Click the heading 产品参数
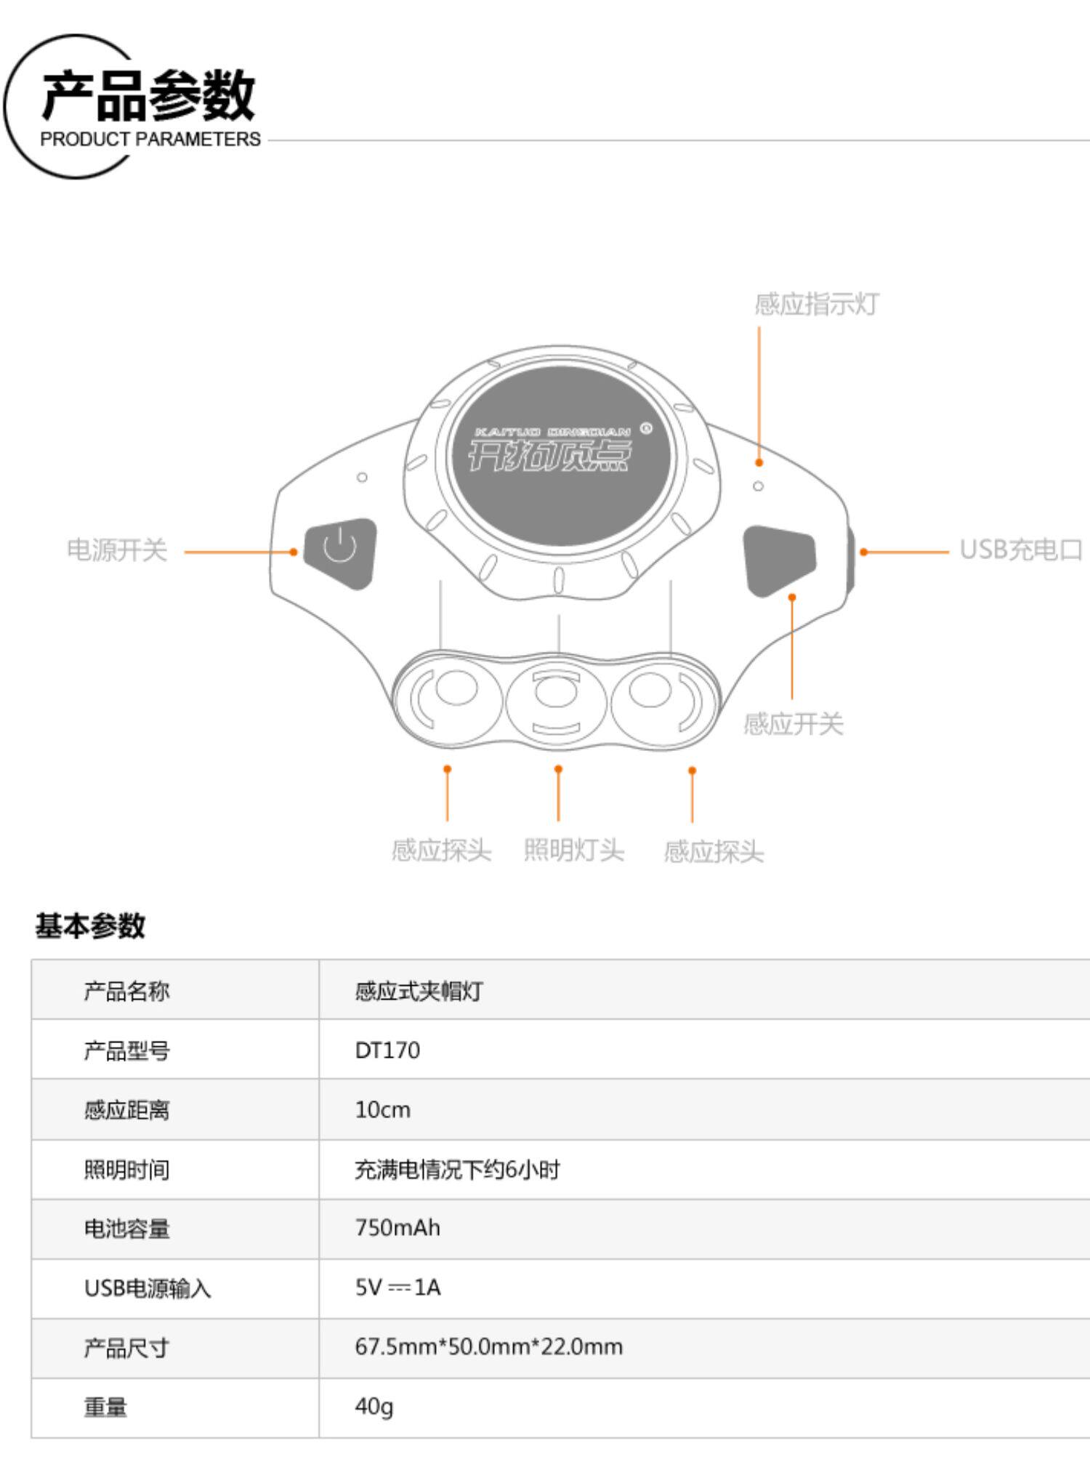pyautogui.click(x=148, y=95)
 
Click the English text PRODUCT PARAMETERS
pyautogui.click(x=150, y=139)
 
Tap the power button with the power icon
pyautogui.click(x=340, y=552)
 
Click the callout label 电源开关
pyautogui.click(x=117, y=550)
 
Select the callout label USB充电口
pyautogui.click(x=1021, y=550)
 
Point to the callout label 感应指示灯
pyautogui.click(x=816, y=304)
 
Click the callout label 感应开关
pyautogui.click(x=793, y=724)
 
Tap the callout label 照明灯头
pyautogui.click(x=573, y=849)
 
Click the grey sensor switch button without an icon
pyautogui.click(x=778, y=560)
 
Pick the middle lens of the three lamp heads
pyautogui.click(x=557, y=695)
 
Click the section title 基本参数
pyautogui.click(x=90, y=925)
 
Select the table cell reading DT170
pyautogui.click(x=387, y=1050)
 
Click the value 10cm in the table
pyautogui.click(x=382, y=1109)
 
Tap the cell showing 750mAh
pyautogui.click(x=397, y=1228)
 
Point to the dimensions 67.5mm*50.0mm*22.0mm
pyautogui.click(x=488, y=1347)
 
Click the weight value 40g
pyautogui.click(x=374, y=1407)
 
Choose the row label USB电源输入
pyautogui.click(x=148, y=1288)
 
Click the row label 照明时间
pyautogui.click(x=126, y=1170)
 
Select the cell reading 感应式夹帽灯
pyautogui.click(x=419, y=991)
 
